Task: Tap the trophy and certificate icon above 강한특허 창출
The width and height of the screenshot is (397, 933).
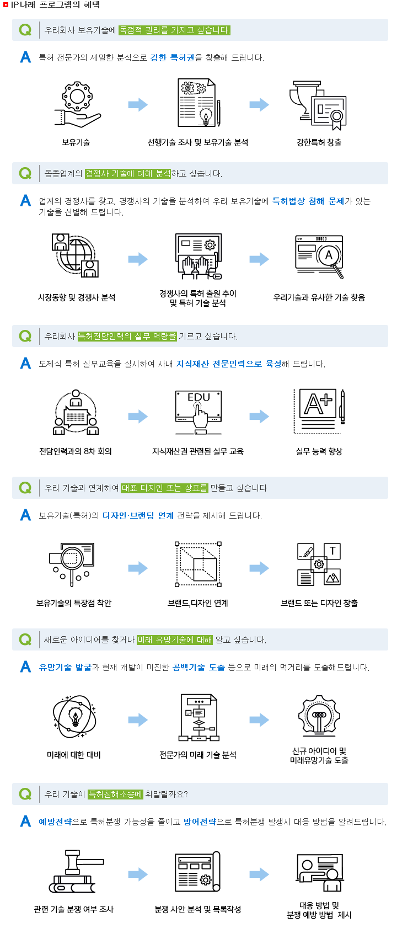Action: pos(318,105)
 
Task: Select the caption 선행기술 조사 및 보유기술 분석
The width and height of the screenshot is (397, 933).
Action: pos(198,142)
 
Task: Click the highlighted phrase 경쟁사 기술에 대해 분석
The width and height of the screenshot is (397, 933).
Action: pos(128,173)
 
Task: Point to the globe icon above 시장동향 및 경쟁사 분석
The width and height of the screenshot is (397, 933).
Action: pos(76,255)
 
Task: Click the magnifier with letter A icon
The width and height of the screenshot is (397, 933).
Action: pos(319,256)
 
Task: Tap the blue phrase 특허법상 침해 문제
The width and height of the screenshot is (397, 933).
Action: pos(308,201)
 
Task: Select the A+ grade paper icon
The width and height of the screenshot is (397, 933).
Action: pos(319,412)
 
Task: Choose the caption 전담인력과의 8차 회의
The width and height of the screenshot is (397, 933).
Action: pos(76,451)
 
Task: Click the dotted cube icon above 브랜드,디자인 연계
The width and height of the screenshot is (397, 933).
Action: pos(198,564)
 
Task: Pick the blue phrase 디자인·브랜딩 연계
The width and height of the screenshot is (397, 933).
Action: pos(138,516)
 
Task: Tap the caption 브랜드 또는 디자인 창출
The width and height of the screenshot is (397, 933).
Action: pos(319,603)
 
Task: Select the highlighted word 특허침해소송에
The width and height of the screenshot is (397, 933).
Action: pos(115,794)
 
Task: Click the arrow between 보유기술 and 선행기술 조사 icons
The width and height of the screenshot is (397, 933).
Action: pos(138,104)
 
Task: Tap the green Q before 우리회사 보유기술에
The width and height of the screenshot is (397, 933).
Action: pos(25,30)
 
